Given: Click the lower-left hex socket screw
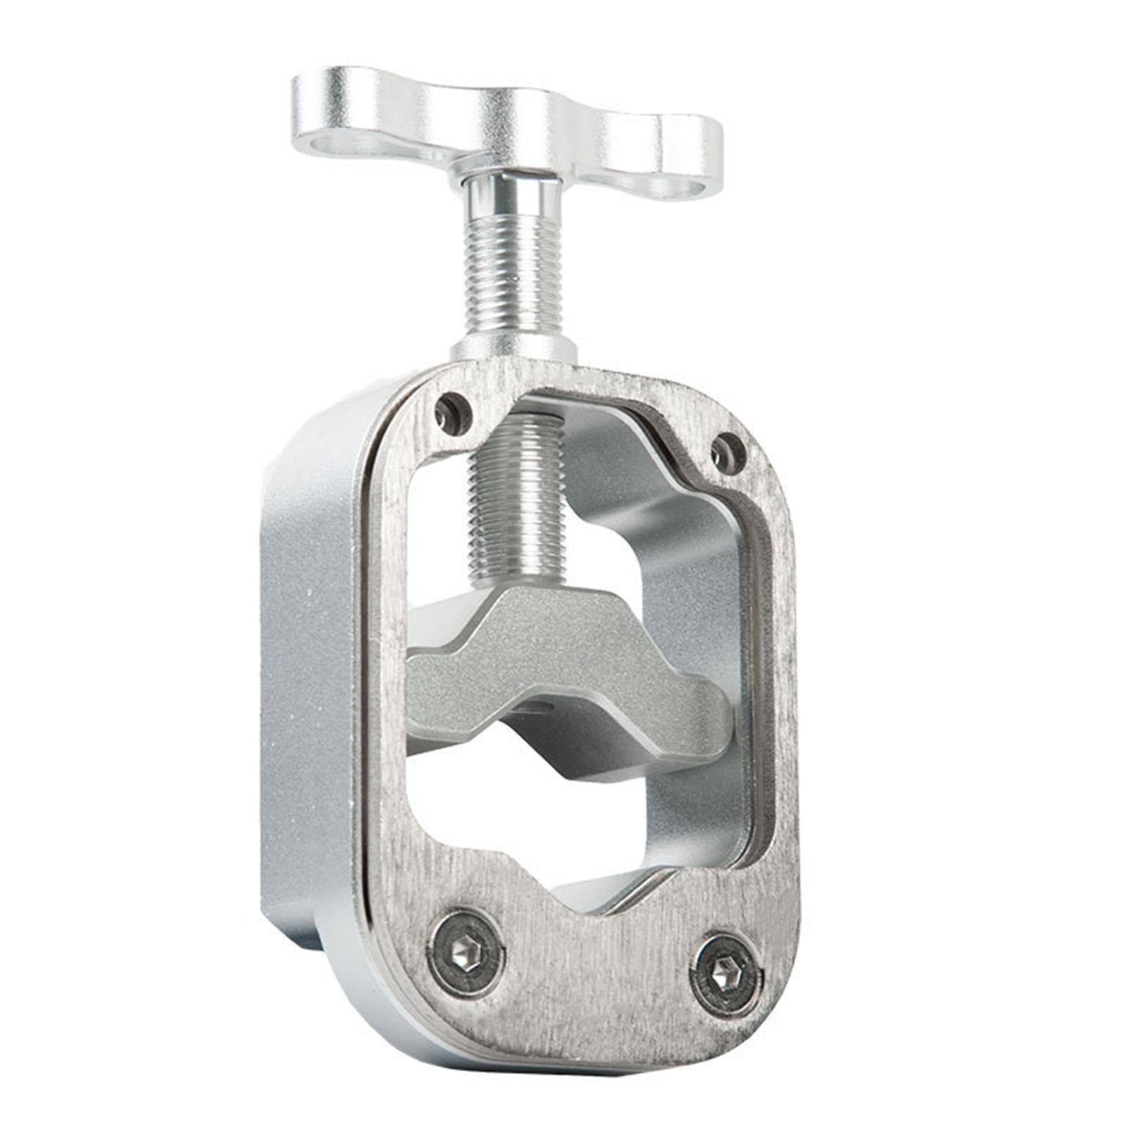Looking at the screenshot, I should pyautogui.click(x=466, y=953).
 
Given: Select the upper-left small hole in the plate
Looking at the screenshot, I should pyautogui.click(x=453, y=412).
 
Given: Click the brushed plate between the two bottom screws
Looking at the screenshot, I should pyautogui.click(x=595, y=972).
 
